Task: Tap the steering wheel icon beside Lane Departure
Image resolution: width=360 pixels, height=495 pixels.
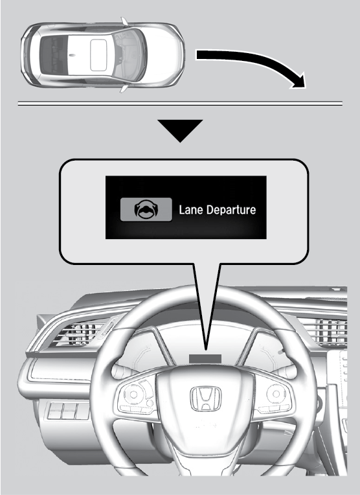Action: pyautogui.click(x=146, y=210)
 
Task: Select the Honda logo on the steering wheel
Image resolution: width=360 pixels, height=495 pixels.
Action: pyautogui.click(x=206, y=398)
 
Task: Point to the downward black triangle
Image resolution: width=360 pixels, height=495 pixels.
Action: pyautogui.click(x=180, y=130)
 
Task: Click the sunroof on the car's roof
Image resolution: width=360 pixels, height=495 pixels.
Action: pyautogui.click(x=98, y=55)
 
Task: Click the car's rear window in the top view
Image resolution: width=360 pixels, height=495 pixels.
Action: pyautogui.click(x=52, y=55)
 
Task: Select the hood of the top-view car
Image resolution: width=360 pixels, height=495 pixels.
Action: pyautogui.click(x=164, y=54)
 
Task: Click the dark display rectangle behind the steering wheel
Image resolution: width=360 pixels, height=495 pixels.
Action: pyautogui.click(x=205, y=358)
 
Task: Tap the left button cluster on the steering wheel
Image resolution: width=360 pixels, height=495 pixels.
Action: pyautogui.click(x=137, y=397)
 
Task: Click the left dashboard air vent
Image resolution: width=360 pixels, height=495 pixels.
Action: pyautogui.click(x=83, y=334)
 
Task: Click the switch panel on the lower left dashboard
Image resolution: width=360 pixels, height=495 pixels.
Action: pyautogui.click(x=68, y=411)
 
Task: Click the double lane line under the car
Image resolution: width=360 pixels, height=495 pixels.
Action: pyautogui.click(x=180, y=104)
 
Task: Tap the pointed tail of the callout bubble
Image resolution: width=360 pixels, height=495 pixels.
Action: pyautogui.click(x=206, y=349)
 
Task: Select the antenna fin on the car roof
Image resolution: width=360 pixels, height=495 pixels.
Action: pyautogui.click(x=73, y=55)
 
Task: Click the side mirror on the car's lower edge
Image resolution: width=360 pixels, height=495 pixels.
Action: pyautogui.click(x=124, y=88)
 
